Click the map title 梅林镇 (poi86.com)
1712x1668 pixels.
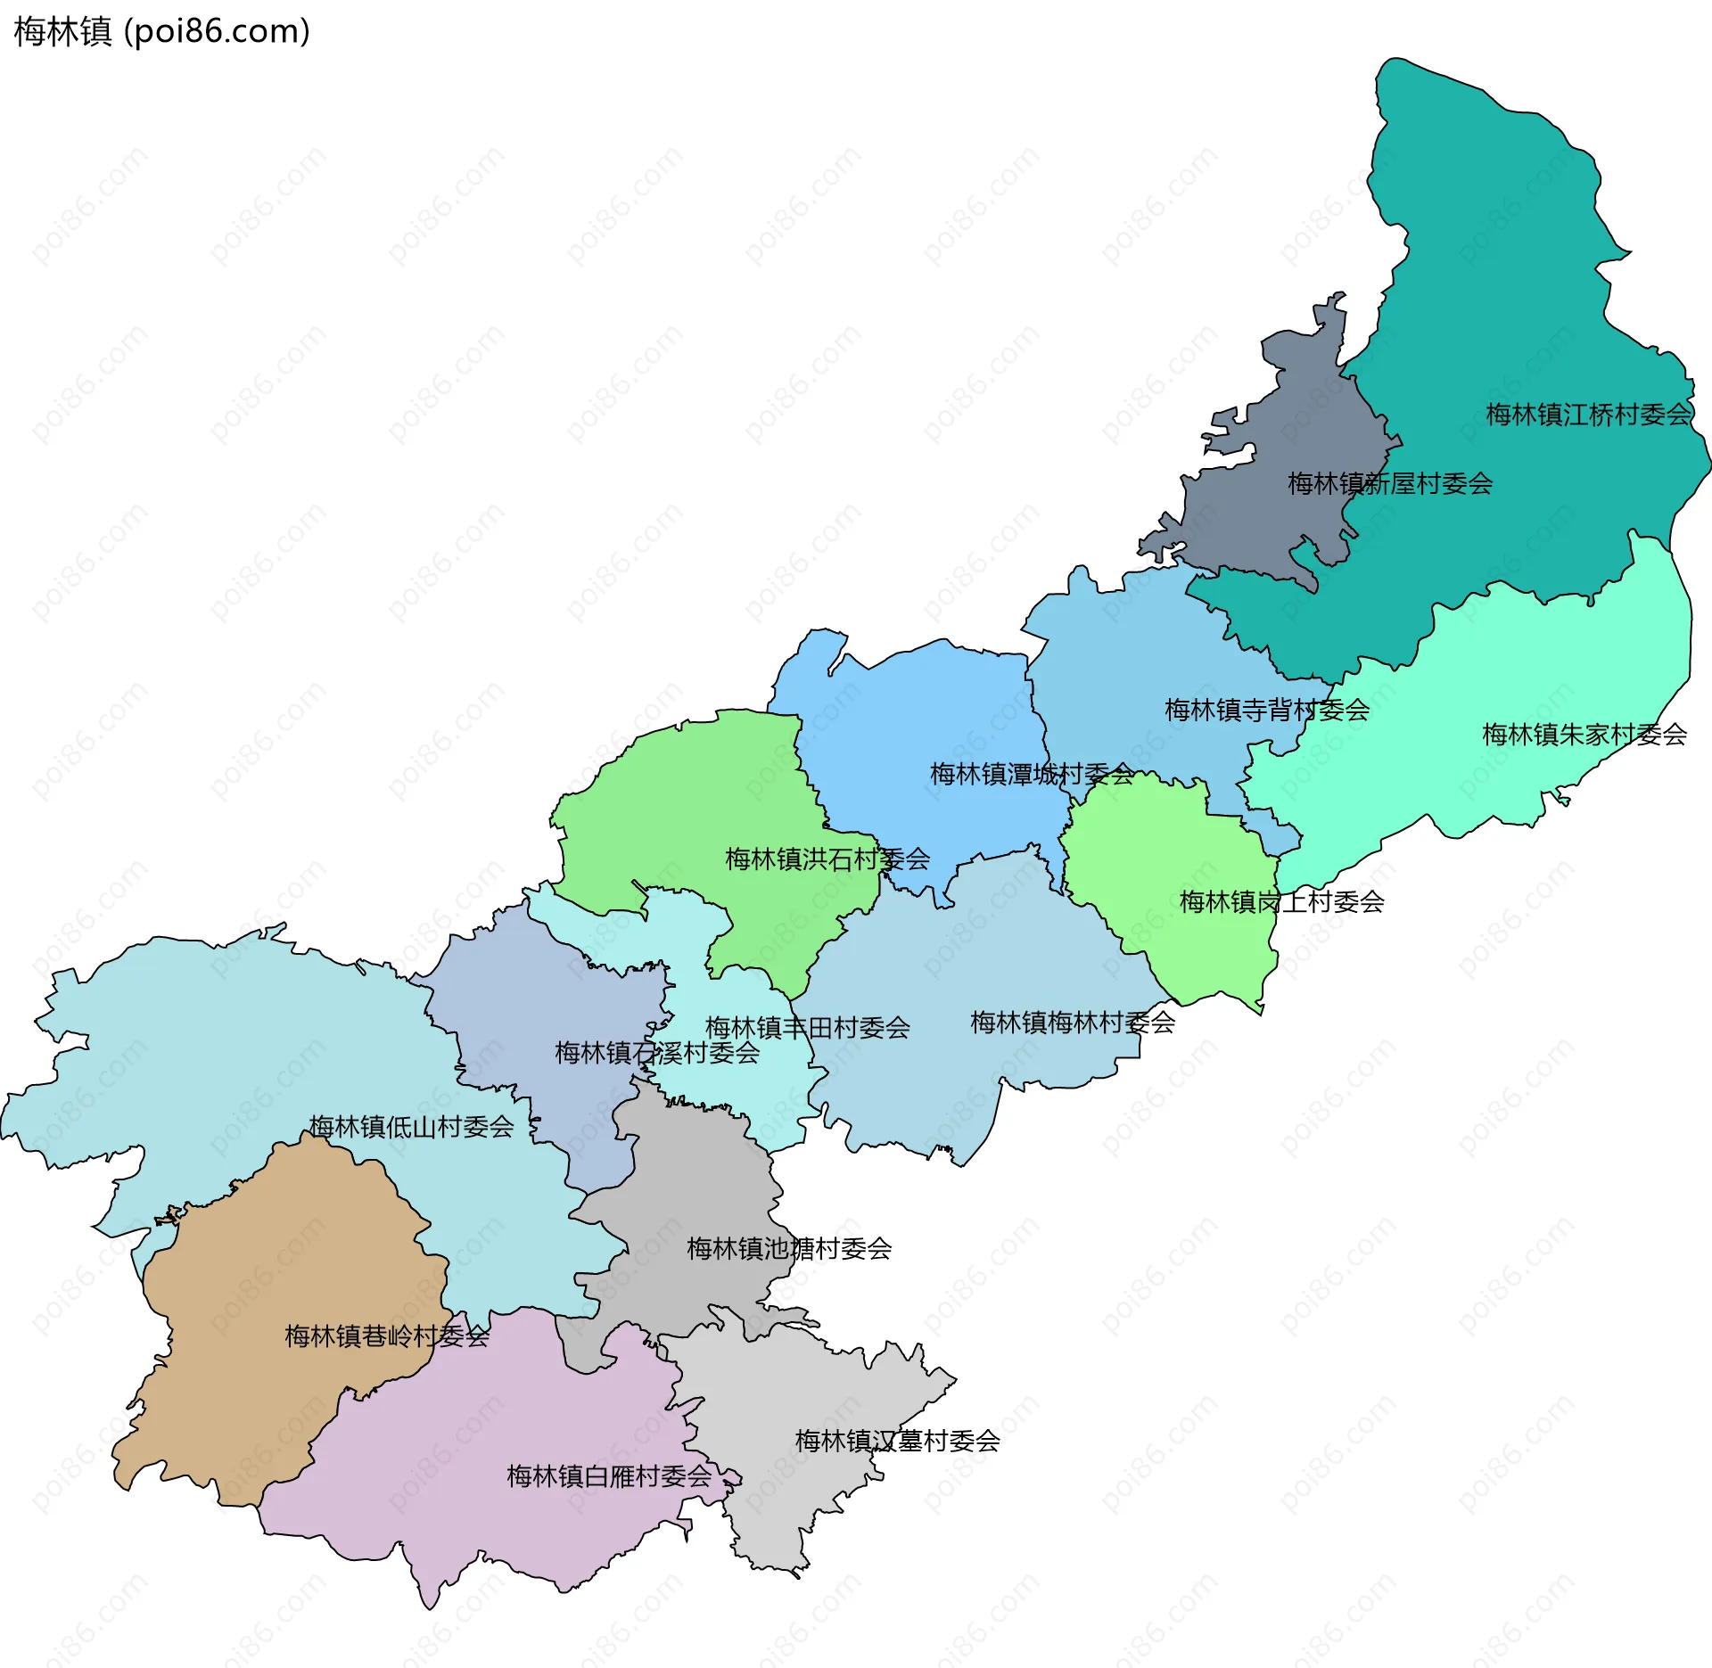coord(161,31)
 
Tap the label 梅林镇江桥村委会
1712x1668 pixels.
coord(1588,415)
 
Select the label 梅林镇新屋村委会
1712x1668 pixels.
coord(1390,484)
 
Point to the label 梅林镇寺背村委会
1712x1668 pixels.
coord(1267,711)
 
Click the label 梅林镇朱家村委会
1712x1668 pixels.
coord(1584,735)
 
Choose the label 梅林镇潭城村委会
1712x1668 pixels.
coord(1033,774)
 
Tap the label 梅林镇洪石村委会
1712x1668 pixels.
coord(827,859)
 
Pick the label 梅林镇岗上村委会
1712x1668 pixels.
coord(1282,902)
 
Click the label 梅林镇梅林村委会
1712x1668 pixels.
coord(1073,1023)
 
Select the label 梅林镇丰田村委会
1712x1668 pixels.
coord(808,1028)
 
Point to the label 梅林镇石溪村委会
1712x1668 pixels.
coord(657,1053)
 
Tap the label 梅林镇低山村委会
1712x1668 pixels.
coord(411,1127)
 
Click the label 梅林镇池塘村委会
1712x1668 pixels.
coord(789,1249)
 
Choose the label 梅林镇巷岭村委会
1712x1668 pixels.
coord(387,1336)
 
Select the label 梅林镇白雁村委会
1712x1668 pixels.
coord(609,1476)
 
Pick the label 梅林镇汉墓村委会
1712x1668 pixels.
coord(898,1441)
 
